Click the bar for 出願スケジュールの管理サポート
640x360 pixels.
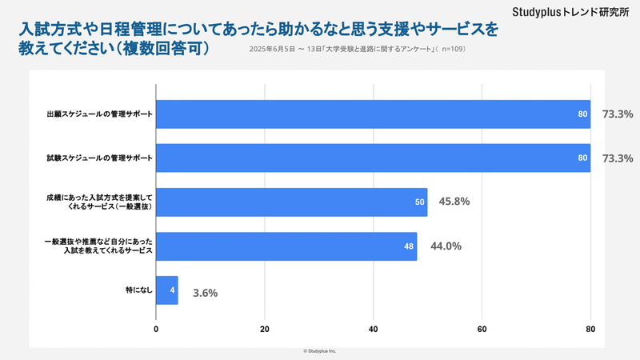(x=373, y=114)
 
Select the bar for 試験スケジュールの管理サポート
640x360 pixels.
(x=373, y=158)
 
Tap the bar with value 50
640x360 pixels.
(x=291, y=202)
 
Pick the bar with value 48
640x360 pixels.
(x=286, y=246)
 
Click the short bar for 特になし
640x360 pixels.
(x=166, y=290)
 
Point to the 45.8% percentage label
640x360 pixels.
(x=454, y=202)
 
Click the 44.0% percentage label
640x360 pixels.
(x=446, y=246)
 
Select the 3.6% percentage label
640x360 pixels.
(x=205, y=293)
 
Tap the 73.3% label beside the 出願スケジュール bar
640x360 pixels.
(x=617, y=114)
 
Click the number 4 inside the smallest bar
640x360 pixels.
(x=172, y=290)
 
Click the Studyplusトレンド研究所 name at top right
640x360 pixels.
(x=570, y=13)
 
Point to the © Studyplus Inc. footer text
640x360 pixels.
(x=320, y=351)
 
